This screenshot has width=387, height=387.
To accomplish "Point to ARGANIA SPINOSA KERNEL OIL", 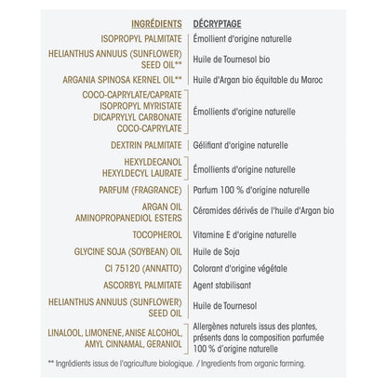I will [118, 80].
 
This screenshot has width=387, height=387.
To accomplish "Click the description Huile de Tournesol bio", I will [234, 61].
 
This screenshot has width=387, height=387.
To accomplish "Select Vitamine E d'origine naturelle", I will [245, 234].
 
